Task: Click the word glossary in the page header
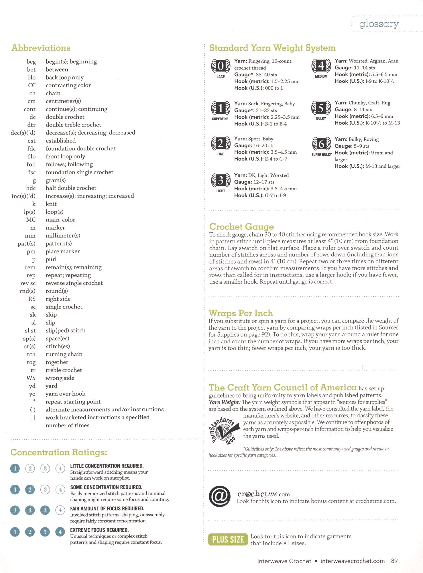[x=379, y=24]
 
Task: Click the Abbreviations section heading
[x=41, y=48]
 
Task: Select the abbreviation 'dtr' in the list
[x=32, y=125]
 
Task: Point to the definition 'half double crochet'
[x=71, y=188]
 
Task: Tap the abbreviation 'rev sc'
[x=28, y=283]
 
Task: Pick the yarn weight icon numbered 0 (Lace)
[x=221, y=66]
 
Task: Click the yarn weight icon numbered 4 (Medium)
[x=321, y=66]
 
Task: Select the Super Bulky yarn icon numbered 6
[x=321, y=144]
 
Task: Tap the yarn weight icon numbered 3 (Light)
[x=221, y=181]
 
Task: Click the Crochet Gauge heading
[x=241, y=227]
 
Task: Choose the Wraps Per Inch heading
[x=241, y=313]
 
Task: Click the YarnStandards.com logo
[x=225, y=430]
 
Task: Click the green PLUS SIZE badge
[x=228, y=540]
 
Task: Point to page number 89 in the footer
[x=394, y=561]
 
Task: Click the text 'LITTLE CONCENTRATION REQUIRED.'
[x=107, y=466]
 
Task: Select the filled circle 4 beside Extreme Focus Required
[x=60, y=532]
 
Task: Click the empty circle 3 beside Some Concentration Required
[x=45, y=489]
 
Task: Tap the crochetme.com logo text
[x=263, y=494]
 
